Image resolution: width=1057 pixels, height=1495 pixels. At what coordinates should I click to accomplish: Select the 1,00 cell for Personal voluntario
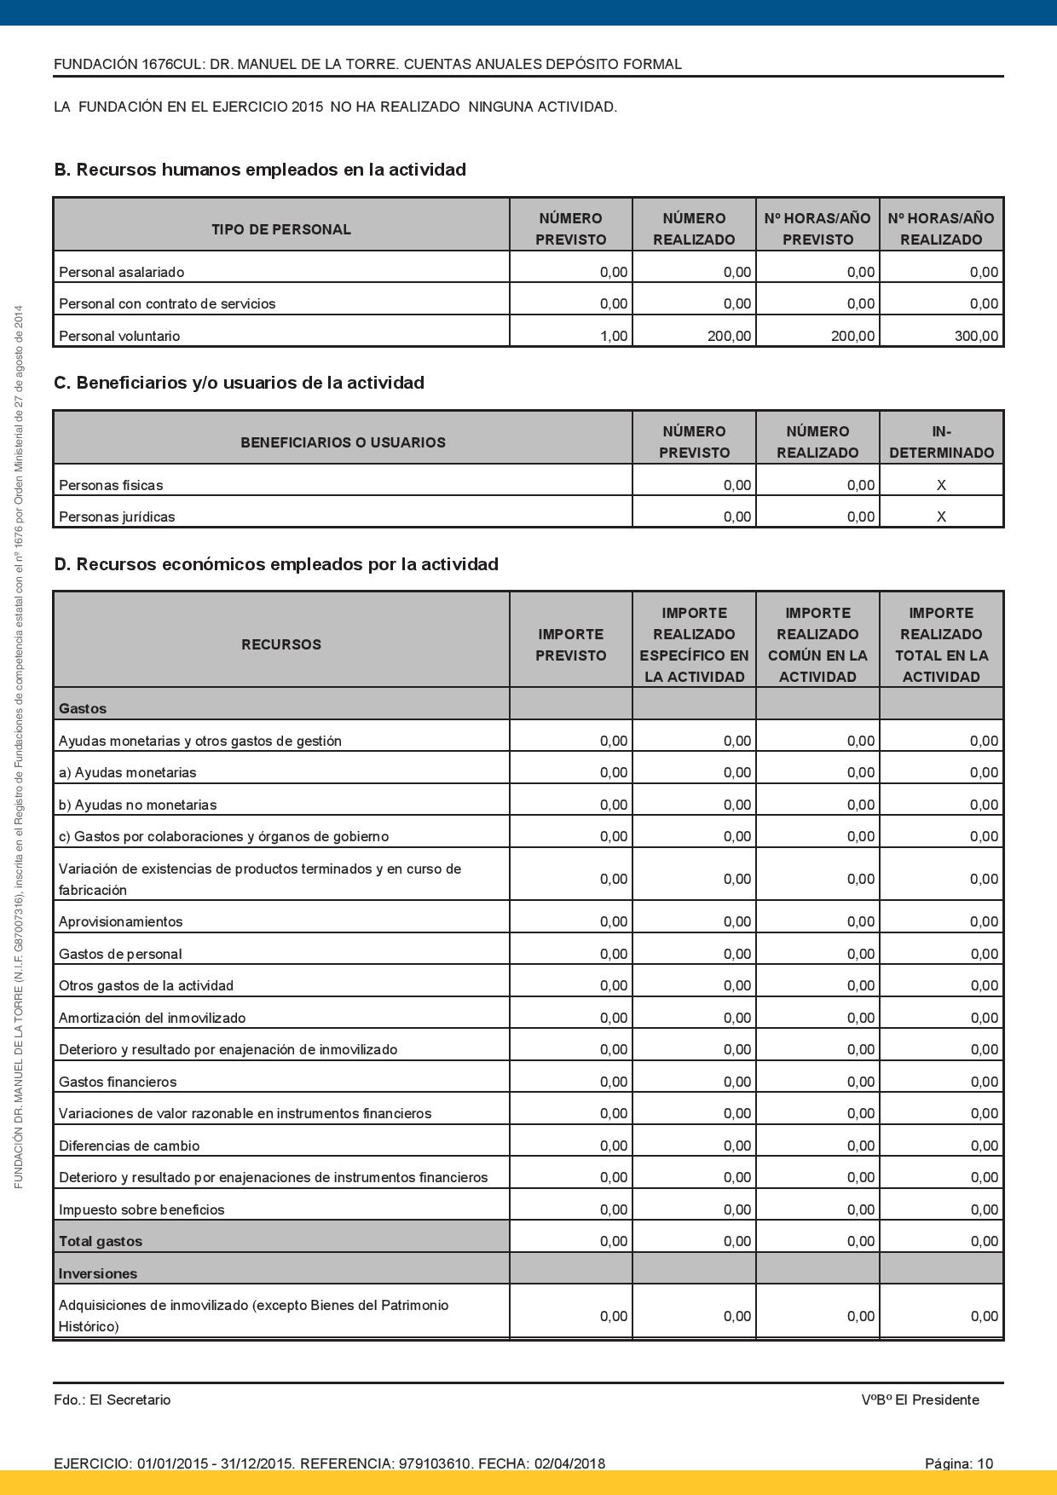pyautogui.click(x=613, y=336)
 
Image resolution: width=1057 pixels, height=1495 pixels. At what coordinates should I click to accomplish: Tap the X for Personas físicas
pyautogui.click(x=941, y=485)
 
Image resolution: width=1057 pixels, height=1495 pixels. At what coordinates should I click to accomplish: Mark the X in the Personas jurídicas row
pyautogui.click(x=941, y=517)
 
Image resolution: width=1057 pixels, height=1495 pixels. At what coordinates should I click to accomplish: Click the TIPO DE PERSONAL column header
pyautogui.click(x=281, y=229)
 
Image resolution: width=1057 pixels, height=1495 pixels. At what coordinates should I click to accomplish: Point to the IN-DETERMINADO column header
pyautogui.click(x=941, y=442)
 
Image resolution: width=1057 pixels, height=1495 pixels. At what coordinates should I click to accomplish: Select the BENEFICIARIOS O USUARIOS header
pyautogui.click(x=343, y=442)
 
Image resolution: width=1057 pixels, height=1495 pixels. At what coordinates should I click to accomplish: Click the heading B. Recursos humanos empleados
pyautogui.click(x=260, y=170)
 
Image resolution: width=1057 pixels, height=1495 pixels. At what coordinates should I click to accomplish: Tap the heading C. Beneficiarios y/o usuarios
pyautogui.click(x=239, y=383)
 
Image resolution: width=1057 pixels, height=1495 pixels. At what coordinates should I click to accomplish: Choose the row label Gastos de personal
pyautogui.click(x=120, y=954)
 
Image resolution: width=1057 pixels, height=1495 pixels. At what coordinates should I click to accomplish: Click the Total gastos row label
pyautogui.click(x=101, y=1241)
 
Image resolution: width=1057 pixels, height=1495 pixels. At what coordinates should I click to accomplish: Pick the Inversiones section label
pyautogui.click(x=98, y=1273)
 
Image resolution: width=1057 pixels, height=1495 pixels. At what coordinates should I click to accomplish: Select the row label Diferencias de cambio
pyautogui.click(x=129, y=1146)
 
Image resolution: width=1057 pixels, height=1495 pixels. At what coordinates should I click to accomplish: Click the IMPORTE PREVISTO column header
pyautogui.click(x=570, y=644)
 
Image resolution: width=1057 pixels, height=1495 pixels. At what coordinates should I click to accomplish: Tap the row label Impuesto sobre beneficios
pyautogui.click(x=142, y=1209)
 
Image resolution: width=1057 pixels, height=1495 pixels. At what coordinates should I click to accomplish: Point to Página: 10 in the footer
pyautogui.click(x=959, y=1463)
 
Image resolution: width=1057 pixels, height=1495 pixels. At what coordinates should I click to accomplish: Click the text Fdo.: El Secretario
pyautogui.click(x=112, y=1400)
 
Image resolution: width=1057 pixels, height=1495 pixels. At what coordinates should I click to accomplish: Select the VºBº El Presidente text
pyautogui.click(x=920, y=1400)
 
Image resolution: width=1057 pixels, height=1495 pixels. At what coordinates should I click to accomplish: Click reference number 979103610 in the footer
pyautogui.click(x=435, y=1463)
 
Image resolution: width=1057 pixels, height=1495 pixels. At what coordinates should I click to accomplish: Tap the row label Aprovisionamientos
pyautogui.click(x=120, y=921)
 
